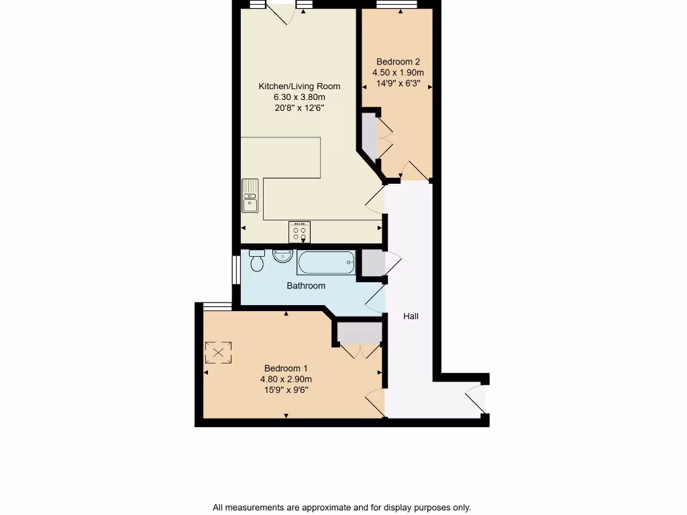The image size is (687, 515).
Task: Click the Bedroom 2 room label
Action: (x=398, y=61)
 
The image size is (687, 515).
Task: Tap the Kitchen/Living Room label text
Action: (x=299, y=86)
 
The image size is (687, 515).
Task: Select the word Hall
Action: (x=411, y=316)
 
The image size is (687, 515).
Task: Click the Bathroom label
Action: (x=306, y=286)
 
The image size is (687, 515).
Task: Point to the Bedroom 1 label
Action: (x=286, y=368)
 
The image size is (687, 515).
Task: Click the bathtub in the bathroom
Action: (x=326, y=262)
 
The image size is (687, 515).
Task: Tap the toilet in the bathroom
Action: (x=257, y=260)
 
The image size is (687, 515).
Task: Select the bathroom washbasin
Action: (x=282, y=255)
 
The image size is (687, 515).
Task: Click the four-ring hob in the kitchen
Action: (x=299, y=232)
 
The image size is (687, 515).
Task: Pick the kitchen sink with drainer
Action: (x=250, y=195)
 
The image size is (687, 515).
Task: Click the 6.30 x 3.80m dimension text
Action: (x=299, y=97)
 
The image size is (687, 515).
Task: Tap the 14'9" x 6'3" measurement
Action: (x=398, y=84)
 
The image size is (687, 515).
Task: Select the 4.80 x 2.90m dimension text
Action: (x=286, y=379)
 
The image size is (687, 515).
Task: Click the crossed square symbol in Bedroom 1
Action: (x=218, y=353)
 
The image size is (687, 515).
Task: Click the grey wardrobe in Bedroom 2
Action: (x=370, y=136)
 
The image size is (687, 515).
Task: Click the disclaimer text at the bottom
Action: (x=341, y=507)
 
